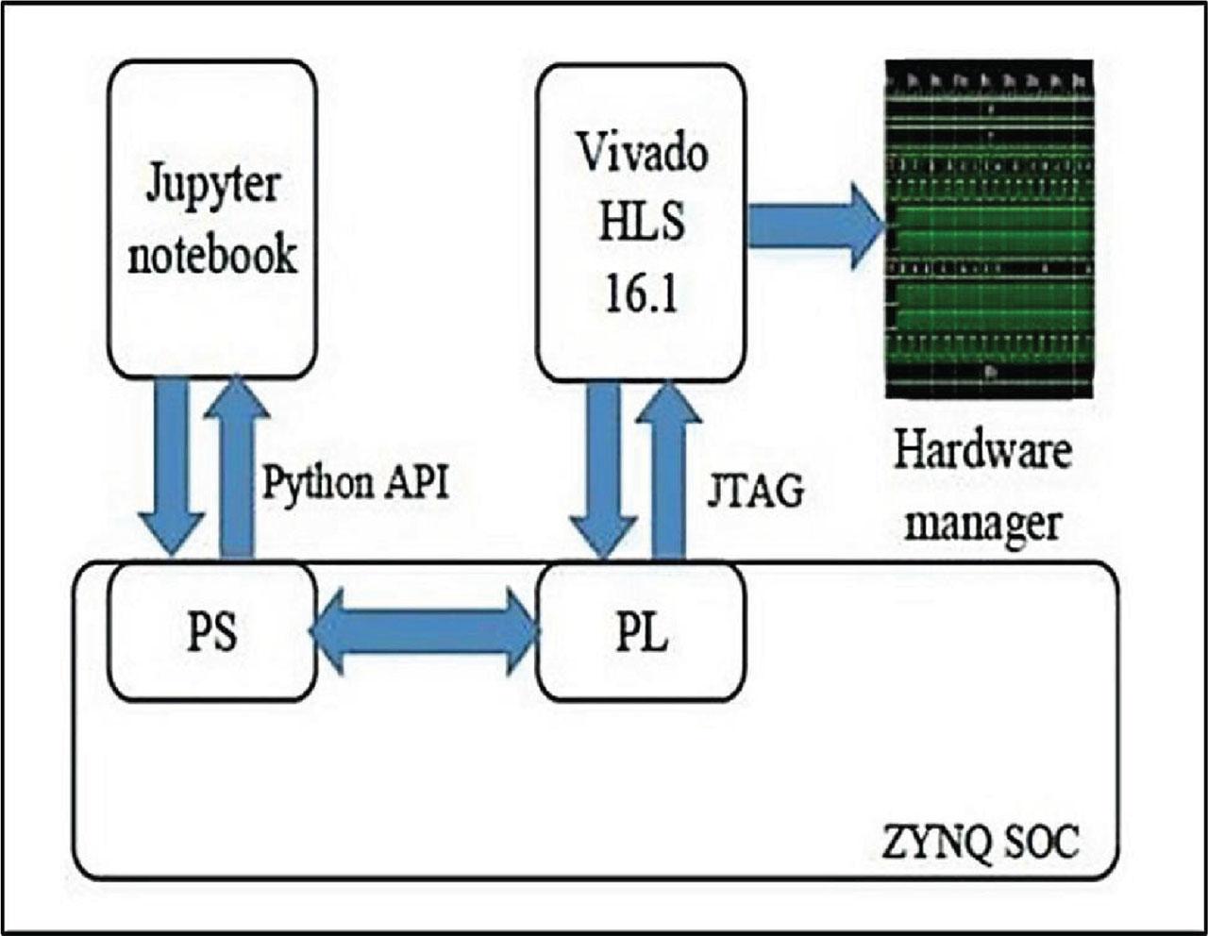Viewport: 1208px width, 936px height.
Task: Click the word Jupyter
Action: tap(212, 184)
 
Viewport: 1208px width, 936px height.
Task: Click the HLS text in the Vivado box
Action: tap(642, 223)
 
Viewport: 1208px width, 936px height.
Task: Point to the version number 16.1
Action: tap(641, 294)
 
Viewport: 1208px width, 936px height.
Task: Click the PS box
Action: tap(210, 631)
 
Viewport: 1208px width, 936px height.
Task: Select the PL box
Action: tap(641, 631)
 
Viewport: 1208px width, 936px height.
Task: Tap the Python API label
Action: tap(355, 482)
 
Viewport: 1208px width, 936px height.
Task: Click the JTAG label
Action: tap(755, 491)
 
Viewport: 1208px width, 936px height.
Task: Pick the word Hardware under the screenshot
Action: tap(983, 451)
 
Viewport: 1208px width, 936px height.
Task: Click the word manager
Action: tap(983, 522)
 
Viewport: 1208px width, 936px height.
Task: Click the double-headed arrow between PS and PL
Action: tap(425, 631)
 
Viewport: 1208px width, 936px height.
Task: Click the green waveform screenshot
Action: tap(989, 229)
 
